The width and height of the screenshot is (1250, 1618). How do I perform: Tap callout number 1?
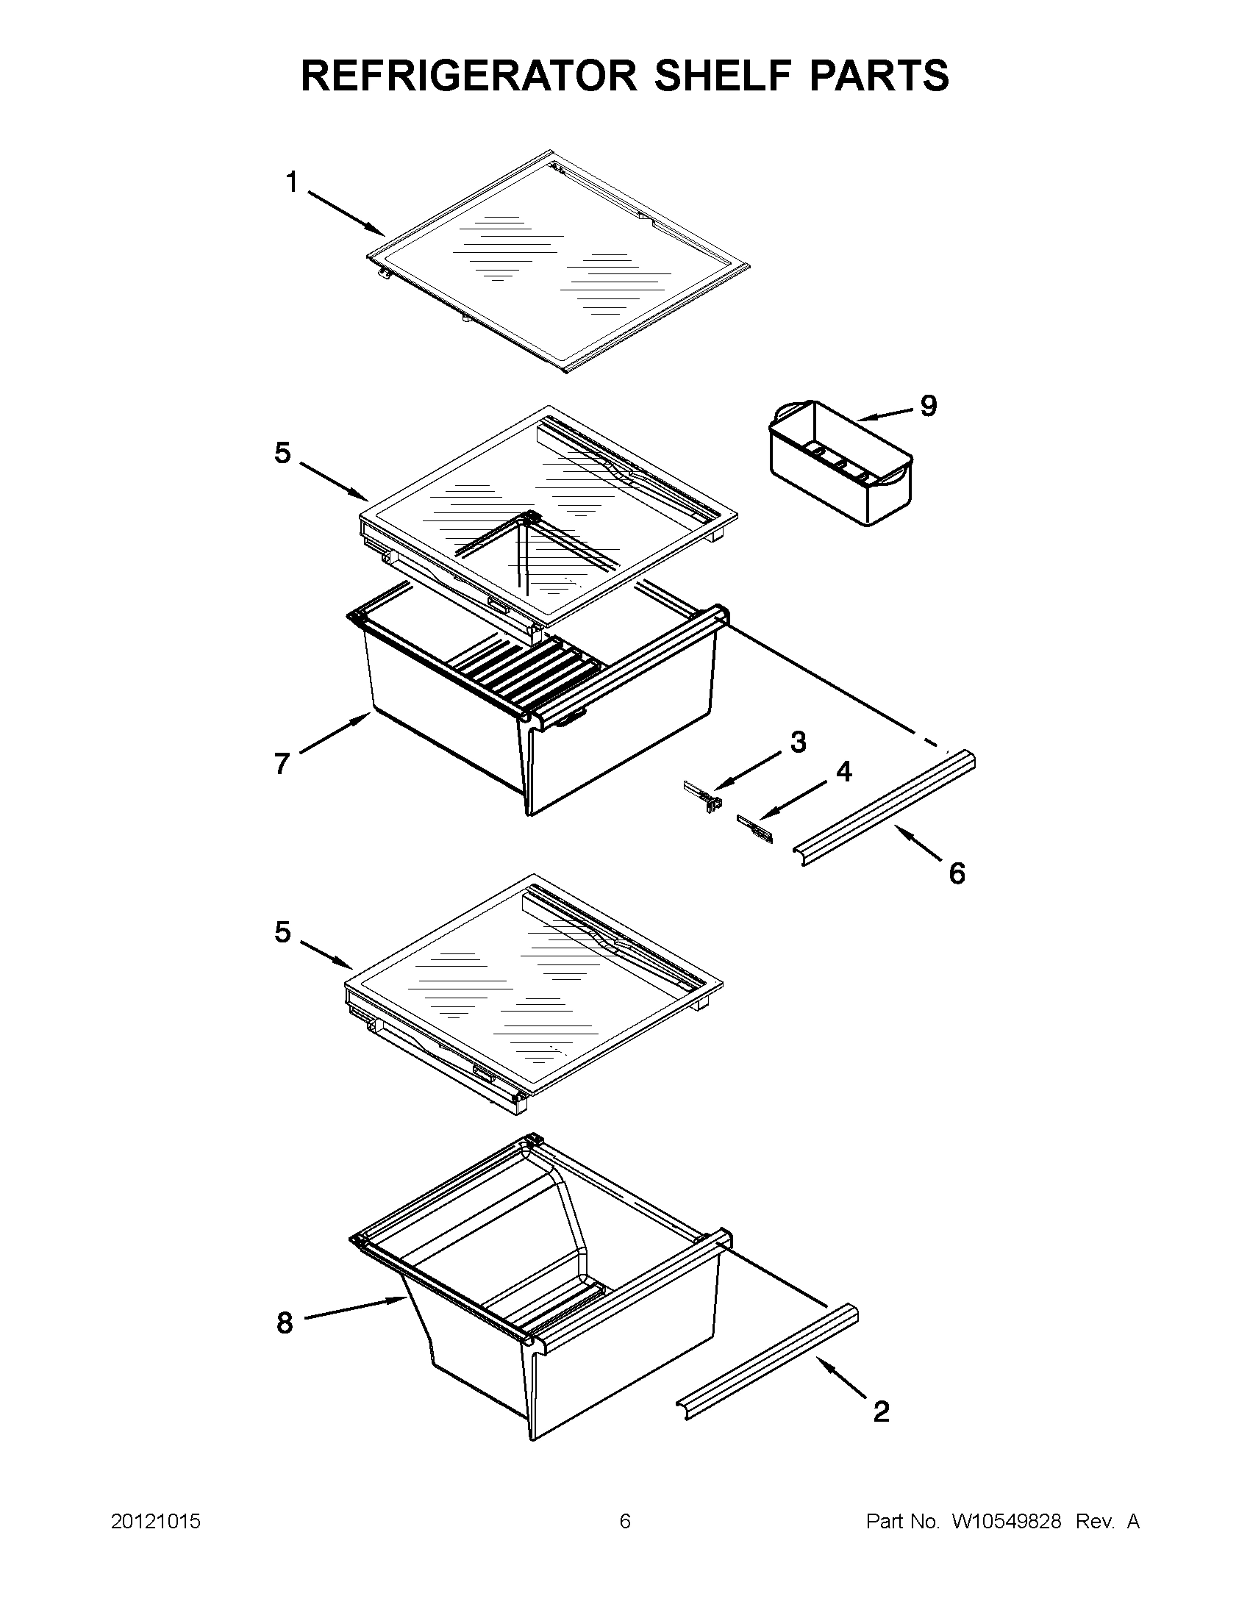click(x=292, y=182)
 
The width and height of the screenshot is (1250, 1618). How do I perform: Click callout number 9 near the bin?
click(x=929, y=405)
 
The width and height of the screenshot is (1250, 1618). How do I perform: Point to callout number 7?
click(x=282, y=763)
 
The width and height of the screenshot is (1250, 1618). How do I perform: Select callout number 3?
click(x=798, y=742)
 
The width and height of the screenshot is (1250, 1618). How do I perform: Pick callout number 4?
click(x=844, y=772)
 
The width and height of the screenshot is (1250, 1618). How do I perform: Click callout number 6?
click(x=957, y=874)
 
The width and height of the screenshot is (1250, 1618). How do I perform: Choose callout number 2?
click(x=881, y=1411)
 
